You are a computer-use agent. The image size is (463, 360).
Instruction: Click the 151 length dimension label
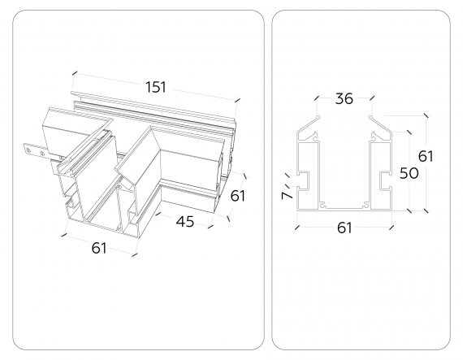pyautogui.click(x=156, y=87)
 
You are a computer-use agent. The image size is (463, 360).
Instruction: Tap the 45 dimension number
pyautogui.click(x=185, y=222)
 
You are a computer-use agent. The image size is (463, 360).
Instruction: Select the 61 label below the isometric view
pyautogui.click(x=99, y=248)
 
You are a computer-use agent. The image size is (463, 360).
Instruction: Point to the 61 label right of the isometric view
pyautogui.click(x=238, y=196)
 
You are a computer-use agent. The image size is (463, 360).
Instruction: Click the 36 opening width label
pyautogui.click(x=344, y=98)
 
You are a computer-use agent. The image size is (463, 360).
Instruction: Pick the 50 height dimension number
pyautogui.click(x=409, y=173)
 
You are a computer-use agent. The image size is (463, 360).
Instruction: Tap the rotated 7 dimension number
pyautogui.click(x=287, y=195)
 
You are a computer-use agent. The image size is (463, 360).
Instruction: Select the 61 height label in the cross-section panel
pyautogui.click(x=426, y=156)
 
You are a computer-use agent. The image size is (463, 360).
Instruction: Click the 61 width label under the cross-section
pyautogui.click(x=344, y=228)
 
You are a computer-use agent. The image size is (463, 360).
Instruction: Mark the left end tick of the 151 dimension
pyautogui.click(x=75, y=72)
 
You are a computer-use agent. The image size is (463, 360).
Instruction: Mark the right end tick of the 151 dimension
pyautogui.click(x=237, y=100)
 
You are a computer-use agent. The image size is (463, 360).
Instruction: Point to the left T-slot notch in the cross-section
pyautogui.click(x=304, y=180)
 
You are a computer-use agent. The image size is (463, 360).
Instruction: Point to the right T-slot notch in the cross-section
pyautogui.click(x=385, y=180)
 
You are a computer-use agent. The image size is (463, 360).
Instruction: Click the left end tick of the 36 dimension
pyautogui.click(x=317, y=98)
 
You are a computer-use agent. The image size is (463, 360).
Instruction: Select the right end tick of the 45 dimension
pyautogui.click(x=210, y=227)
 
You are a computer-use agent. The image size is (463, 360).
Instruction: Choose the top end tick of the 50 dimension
pyautogui.click(x=409, y=132)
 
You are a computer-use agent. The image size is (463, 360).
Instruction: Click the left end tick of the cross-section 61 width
pyautogui.click(x=297, y=227)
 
